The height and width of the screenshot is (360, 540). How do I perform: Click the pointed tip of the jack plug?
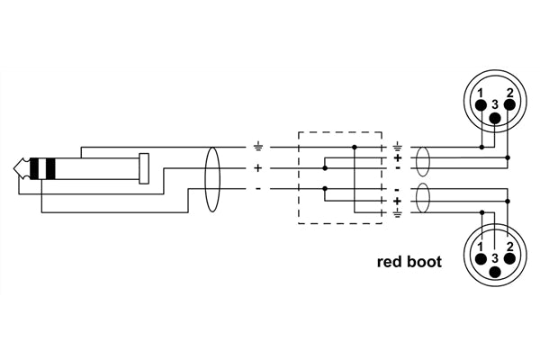(17, 168)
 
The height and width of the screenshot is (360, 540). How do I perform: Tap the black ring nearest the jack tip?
(35, 168)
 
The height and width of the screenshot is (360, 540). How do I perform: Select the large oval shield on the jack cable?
(212, 179)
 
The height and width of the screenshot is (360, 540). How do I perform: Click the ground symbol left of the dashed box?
(257, 146)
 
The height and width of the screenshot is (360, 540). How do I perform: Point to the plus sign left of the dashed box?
(258, 167)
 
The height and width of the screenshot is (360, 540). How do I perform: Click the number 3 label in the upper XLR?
(494, 104)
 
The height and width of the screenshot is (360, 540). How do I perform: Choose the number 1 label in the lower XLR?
(481, 245)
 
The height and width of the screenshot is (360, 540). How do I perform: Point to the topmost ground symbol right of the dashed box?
(397, 146)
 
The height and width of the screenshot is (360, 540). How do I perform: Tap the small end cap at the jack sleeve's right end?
(144, 168)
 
